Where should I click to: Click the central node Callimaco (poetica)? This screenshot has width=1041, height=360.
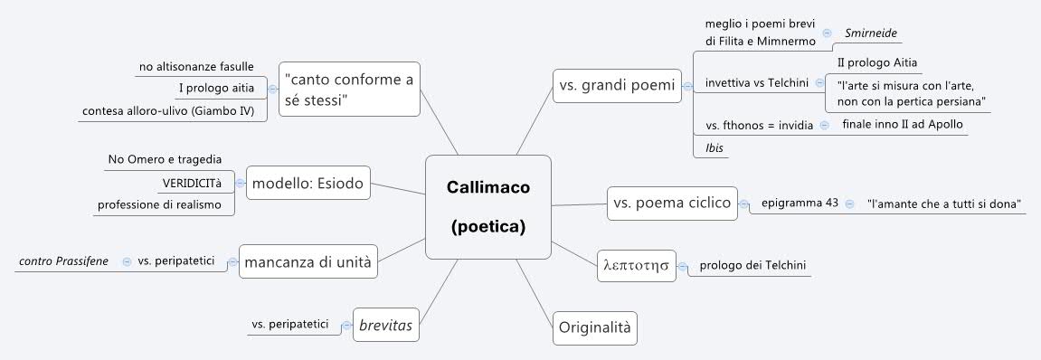[487, 206]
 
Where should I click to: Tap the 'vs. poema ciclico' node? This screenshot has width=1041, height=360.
[671, 204]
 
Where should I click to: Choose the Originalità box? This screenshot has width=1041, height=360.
[595, 325]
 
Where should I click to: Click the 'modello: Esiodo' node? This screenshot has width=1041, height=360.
[308, 184]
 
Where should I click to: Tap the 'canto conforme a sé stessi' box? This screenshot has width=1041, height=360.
[348, 89]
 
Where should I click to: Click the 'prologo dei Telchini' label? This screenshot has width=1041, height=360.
[752, 265]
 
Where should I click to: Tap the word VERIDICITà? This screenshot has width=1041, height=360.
[192, 183]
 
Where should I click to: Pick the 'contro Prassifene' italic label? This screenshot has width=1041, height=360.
[63, 261]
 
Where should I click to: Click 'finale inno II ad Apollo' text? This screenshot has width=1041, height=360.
[902, 124]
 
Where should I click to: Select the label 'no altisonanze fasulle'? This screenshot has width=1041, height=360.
[195, 66]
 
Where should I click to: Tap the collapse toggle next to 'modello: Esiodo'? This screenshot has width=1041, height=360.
[240, 184]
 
